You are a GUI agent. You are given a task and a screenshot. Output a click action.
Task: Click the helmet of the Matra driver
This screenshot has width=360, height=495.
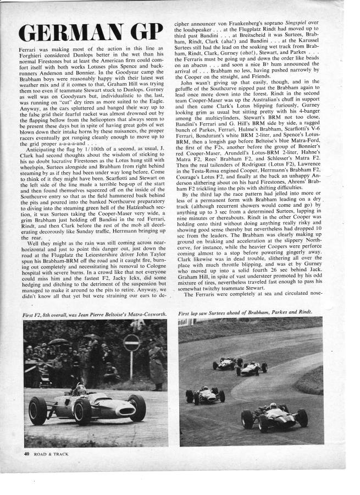(81, 388)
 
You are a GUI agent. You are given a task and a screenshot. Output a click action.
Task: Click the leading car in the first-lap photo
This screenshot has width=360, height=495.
(275, 415)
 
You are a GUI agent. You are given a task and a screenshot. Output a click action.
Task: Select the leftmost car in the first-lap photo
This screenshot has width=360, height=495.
(204, 394)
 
